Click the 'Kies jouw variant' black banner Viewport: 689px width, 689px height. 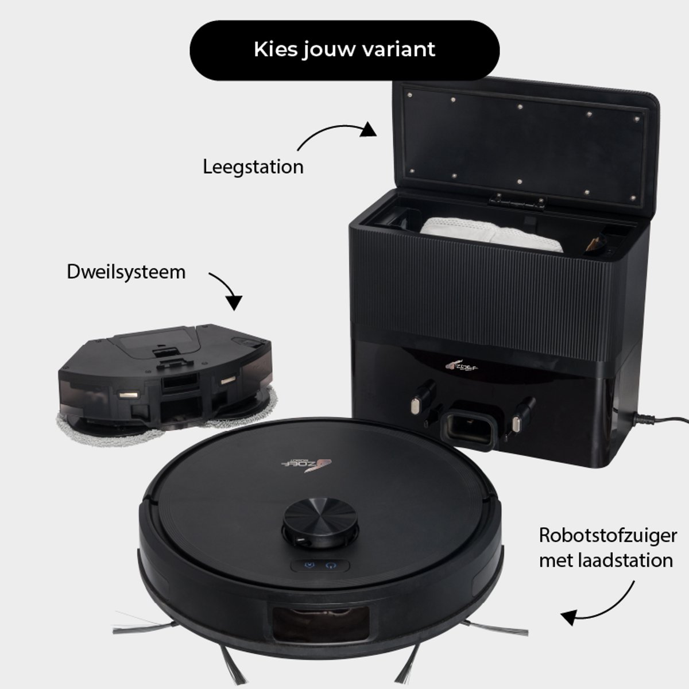pos(344,50)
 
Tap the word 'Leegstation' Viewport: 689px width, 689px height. pos(253,167)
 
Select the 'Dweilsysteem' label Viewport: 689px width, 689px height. pos(126,272)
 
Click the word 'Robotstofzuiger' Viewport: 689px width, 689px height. pos(608,536)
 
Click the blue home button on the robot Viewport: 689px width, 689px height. pos(309,566)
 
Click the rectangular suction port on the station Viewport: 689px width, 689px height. pos(468,426)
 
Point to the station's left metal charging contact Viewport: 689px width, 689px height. pos(416,407)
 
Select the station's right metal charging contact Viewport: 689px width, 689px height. pos(517,425)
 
